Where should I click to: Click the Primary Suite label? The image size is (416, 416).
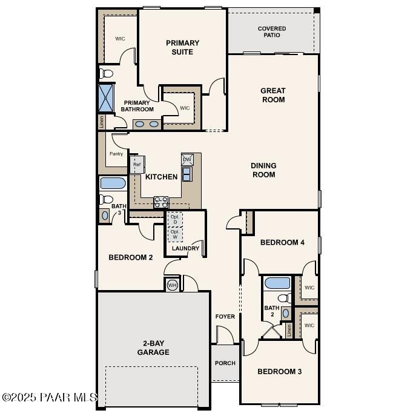click(x=182, y=47)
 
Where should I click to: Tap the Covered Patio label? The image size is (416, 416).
click(x=272, y=31)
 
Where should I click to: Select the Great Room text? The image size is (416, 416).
click(x=273, y=95)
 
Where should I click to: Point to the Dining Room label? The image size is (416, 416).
click(x=264, y=170)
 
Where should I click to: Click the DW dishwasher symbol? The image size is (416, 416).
click(x=187, y=159)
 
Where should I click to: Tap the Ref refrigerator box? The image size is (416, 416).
click(x=137, y=165)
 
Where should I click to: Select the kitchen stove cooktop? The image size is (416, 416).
click(x=161, y=202)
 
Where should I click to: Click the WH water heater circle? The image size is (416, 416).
click(x=172, y=285)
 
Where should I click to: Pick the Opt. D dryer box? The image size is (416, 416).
click(x=175, y=219)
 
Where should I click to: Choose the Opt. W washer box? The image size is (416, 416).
click(x=175, y=234)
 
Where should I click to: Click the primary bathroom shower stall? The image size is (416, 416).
click(x=106, y=98)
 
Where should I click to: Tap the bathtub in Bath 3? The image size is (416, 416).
click(x=113, y=183)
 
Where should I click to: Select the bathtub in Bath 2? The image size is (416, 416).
click(x=277, y=283)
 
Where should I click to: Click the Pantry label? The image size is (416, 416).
click(x=116, y=154)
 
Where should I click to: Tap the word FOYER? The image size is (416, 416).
click(x=225, y=317)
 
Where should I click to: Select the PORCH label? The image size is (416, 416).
click(x=225, y=363)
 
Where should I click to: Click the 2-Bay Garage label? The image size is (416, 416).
click(x=153, y=348)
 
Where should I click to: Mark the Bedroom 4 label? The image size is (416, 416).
click(x=282, y=242)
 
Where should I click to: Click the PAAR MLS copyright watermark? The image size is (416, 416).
click(x=50, y=397)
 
